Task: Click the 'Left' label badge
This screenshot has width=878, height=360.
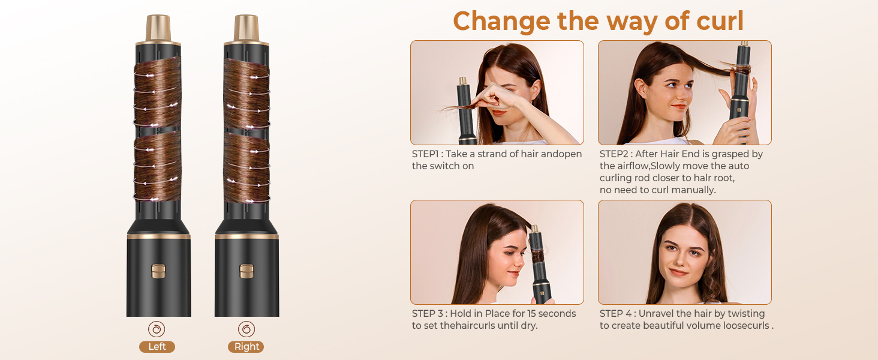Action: point(157,347)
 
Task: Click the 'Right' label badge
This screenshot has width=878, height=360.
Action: point(246,347)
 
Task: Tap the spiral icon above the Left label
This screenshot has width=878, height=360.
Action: point(157,329)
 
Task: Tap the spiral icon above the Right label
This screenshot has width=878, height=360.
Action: point(246,329)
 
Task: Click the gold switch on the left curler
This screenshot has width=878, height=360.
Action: point(158,271)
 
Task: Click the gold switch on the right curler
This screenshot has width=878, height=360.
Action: point(246,271)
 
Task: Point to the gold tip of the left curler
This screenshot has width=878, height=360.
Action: point(158,28)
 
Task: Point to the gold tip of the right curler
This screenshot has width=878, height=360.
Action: point(246,28)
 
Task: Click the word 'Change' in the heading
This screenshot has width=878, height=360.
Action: point(501,21)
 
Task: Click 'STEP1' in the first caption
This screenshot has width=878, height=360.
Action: point(425,154)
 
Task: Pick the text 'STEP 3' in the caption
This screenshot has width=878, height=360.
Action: point(428,314)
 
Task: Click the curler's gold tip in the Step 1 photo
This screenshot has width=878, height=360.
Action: point(463,81)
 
